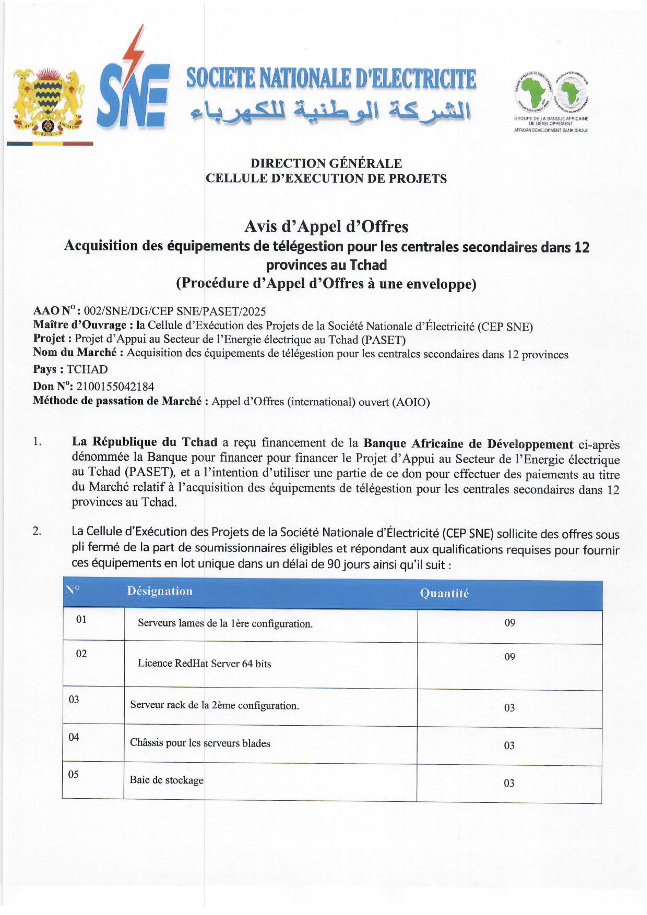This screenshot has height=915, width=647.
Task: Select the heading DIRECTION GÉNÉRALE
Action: click(326, 163)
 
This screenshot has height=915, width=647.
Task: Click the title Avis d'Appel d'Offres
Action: click(326, 226)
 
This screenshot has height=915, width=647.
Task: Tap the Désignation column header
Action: click(159, 591)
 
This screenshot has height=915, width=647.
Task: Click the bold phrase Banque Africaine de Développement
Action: click(468, 444)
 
